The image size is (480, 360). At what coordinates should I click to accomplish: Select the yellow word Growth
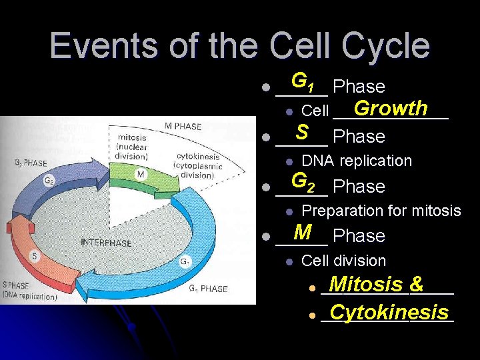pos(391,107)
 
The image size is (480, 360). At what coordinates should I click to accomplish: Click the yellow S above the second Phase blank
pos(302,131)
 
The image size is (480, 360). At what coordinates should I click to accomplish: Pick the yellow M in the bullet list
pos(303,231)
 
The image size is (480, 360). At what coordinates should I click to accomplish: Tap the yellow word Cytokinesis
pos(389,311)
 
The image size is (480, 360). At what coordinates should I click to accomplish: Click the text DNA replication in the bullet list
pos(357,161)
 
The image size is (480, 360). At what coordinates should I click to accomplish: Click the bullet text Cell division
pos(343,261)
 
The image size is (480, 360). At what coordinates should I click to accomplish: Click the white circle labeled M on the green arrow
pos(141,174)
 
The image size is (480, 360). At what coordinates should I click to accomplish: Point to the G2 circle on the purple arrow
pos(48,180)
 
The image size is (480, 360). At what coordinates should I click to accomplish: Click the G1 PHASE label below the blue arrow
pos(207,289)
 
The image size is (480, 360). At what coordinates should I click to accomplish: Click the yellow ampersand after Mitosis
pos(417,284)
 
